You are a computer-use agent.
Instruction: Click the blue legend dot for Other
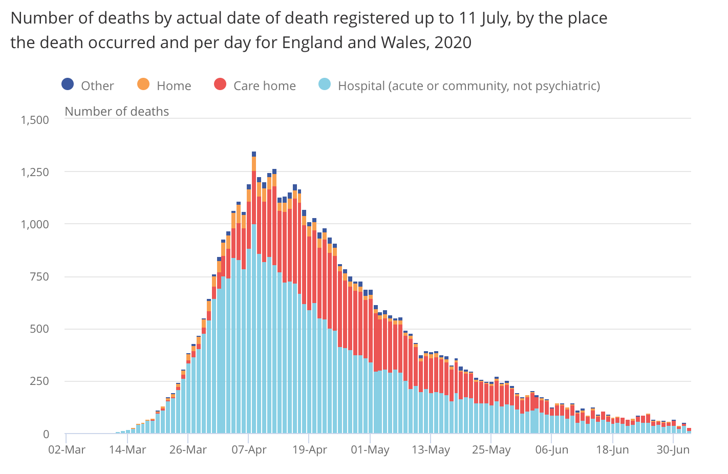tap(68, 84)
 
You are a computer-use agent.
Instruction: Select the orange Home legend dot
tap(143, 84)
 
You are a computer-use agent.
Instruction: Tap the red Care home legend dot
tap(220, 84)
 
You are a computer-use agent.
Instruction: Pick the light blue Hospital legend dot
tap(325, 84)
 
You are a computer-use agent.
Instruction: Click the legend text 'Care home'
tap(264, 86)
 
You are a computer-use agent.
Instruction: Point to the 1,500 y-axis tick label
tap(35, 120)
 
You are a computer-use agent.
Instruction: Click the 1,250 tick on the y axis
tap(35, 172)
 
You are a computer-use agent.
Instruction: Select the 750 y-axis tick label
tap(39, 276)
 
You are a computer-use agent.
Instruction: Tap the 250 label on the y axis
tap(39, 381)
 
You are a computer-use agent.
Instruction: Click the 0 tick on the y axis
tap(46, 434)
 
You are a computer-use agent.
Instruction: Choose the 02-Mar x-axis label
tap(67, 450)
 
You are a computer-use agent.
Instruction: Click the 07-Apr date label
tap(249, 450)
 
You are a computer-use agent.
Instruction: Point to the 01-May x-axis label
tap(370, 450)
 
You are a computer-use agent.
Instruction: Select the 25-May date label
tap(491, 450)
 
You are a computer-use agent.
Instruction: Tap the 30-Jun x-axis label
tap(673, 450)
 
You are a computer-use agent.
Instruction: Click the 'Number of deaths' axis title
tap(117, 112)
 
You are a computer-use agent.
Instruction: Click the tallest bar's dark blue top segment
tap(253, 154)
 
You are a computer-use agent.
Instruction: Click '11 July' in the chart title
tap(484, 18)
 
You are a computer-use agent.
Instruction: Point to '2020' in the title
tap(453, 42)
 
